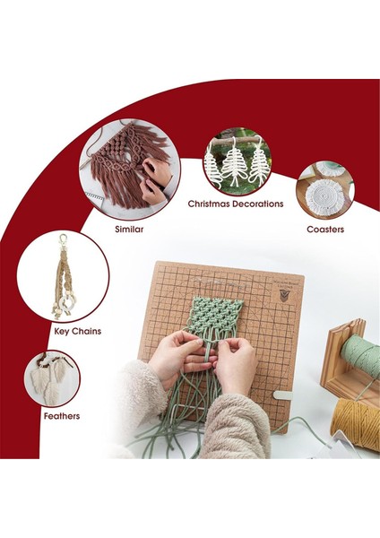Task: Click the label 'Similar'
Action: (x=129, y=229)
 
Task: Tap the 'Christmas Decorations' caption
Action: (x=236, y=204)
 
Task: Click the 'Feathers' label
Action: (x=61, y=416)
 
